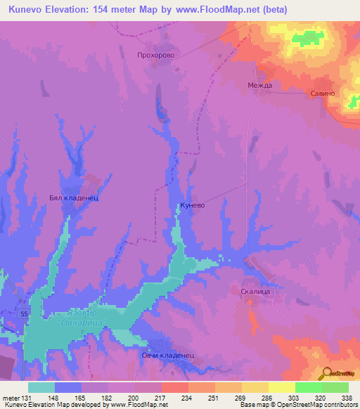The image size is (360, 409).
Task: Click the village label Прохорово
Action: click(155, 53)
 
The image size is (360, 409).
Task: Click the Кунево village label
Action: click(193, 207)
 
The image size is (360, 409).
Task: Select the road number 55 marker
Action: click(25, 313)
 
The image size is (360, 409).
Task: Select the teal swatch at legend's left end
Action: click(41, 387)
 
